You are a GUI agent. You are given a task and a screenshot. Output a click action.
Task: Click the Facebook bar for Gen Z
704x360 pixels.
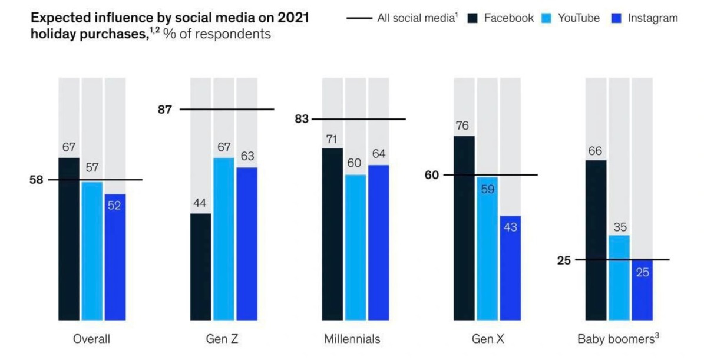[x=200, y=266]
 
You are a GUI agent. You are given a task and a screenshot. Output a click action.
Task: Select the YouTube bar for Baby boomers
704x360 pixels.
[x=619, y=277]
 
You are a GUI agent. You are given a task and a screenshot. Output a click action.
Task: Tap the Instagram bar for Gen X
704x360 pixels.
[x=510, y=267]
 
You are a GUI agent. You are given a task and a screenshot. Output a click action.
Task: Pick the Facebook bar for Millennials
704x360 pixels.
[x=332, y=233]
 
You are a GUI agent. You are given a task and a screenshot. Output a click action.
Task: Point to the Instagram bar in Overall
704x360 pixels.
[x=115, y=257]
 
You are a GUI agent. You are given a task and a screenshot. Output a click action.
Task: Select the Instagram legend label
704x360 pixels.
[x=653, y=18]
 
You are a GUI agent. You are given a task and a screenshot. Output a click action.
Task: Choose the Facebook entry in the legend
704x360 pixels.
[x=509, y=18]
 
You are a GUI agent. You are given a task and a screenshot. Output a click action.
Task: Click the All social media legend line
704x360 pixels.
[x=359, y=18]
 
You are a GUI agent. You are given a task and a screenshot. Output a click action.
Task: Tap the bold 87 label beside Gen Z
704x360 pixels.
[x=165, y=109]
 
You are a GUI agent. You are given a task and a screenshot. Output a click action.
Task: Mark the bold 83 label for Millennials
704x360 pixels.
[x=302, y=119]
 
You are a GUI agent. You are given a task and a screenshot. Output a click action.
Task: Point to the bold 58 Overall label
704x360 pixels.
[x=37, y=180]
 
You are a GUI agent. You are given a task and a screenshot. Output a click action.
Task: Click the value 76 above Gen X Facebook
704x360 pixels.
[x=464, y=125]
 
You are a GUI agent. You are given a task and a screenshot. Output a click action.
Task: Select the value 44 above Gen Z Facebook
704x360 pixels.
[x=200, y=203]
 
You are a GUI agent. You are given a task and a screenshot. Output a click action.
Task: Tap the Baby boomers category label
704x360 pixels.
[x=614, y=339]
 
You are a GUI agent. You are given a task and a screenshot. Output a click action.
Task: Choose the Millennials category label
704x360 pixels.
[x=352, y=339]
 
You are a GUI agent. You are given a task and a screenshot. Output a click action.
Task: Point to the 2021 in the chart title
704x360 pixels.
[x=290, y=18]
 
